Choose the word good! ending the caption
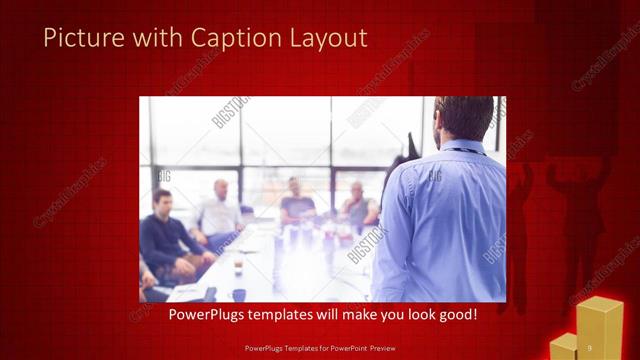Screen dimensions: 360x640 click(456, 314)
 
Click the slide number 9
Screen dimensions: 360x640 click(590, 346)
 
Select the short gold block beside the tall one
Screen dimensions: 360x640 click(564, 346)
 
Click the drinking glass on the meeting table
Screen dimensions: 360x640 click(238, 267)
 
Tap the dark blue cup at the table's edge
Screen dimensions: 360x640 click(239, 295)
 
